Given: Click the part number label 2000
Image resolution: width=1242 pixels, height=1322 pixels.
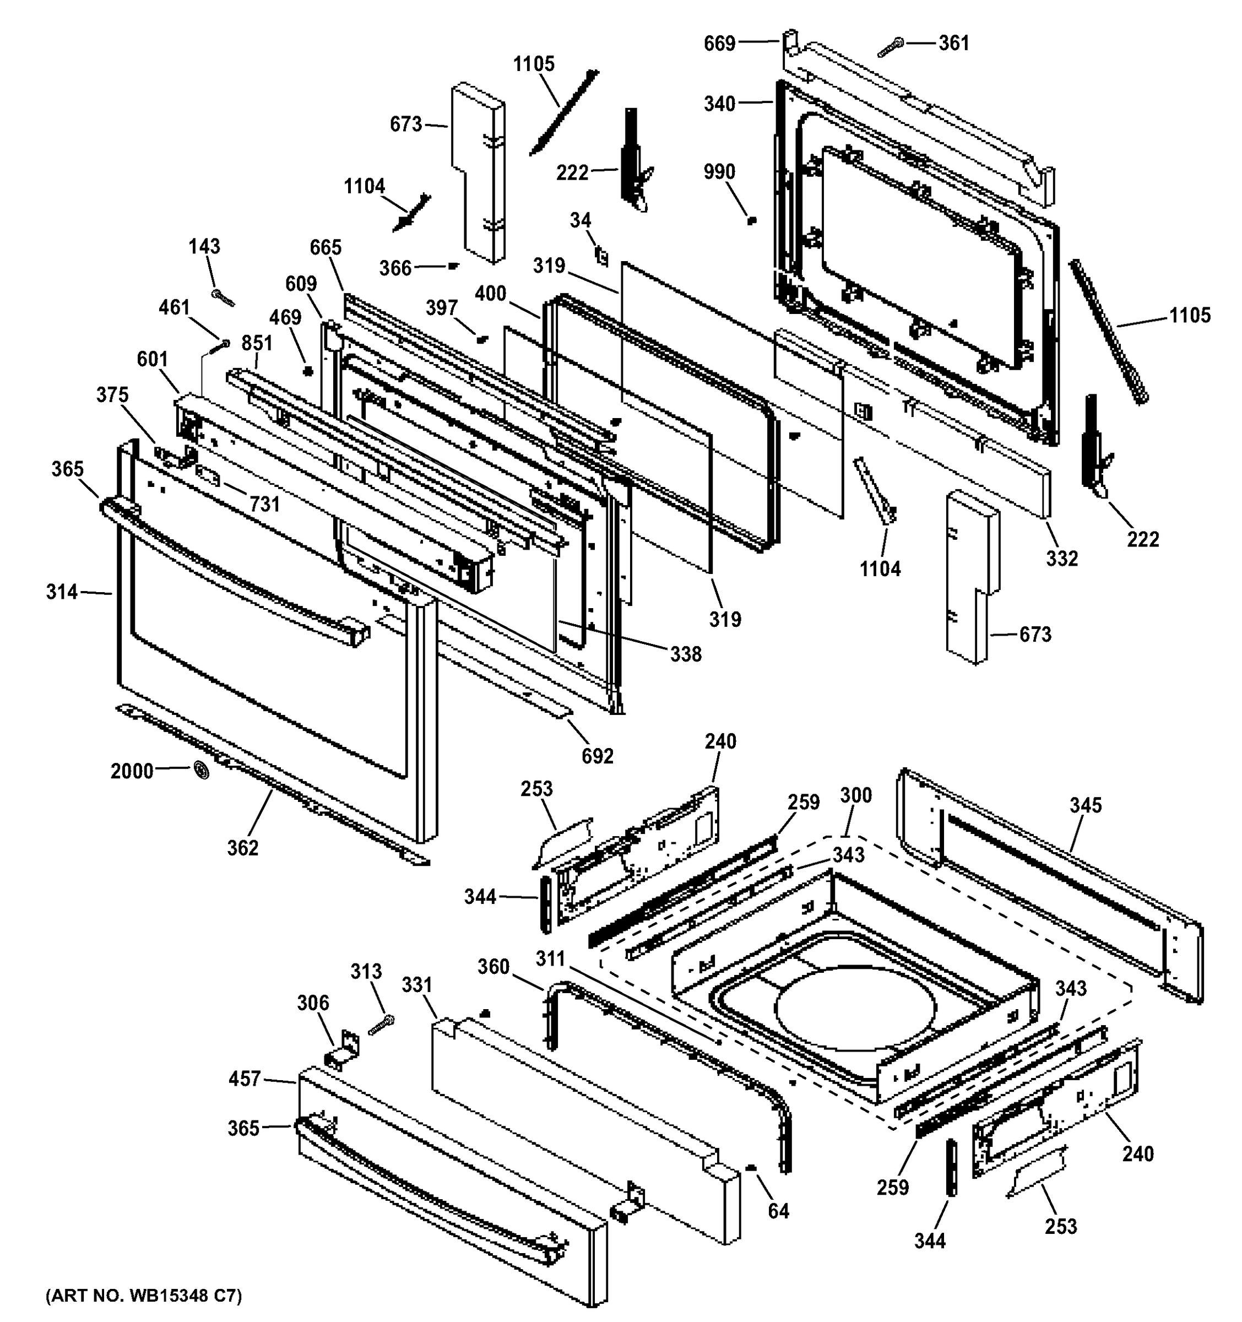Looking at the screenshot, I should click(x=132, y=771).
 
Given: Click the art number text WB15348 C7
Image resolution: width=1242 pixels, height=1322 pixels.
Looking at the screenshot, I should click(x=144, y=1296).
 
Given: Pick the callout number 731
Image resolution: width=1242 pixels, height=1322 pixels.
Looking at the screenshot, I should click(x=264, y=505).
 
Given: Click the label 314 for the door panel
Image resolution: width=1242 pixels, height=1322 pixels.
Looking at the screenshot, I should click(x=62, y=591).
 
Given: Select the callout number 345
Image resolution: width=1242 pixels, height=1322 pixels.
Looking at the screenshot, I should click(x=1085, y=805).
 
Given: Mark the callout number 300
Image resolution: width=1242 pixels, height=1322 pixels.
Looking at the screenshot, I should click(x=856, y=795).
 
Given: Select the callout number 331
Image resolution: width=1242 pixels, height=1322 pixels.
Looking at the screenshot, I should click(x=417, y=985).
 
